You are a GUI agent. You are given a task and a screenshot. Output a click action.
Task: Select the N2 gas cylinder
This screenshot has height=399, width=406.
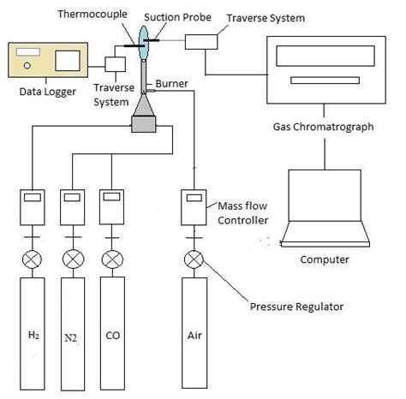pyautogui.click(x=74, y=330)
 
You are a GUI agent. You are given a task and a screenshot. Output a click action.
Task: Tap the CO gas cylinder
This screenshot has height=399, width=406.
pyautogui.click(x=112, y=330)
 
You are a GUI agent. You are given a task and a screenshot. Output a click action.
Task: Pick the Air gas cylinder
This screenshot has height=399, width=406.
pyautogui.click(x=194, y=330)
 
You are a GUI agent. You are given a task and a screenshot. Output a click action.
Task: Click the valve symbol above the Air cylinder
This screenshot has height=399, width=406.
pyautogui.click(x=194, y=259)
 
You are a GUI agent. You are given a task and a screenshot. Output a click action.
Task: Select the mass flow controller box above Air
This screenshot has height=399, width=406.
pyautogui.click(x=194, y=205)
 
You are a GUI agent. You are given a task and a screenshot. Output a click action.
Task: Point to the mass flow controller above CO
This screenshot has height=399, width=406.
pyautogui.click(x=112, y=205)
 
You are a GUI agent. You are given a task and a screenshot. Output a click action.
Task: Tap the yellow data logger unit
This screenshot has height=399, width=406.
pyautogui.click(x=44, y=59)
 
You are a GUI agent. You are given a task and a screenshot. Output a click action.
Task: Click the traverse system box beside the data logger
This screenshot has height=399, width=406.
pyautogui.click(x=116, y=65)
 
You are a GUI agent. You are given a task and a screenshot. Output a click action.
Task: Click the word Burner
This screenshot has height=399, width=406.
pyautogui.click(x=169, y=84)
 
